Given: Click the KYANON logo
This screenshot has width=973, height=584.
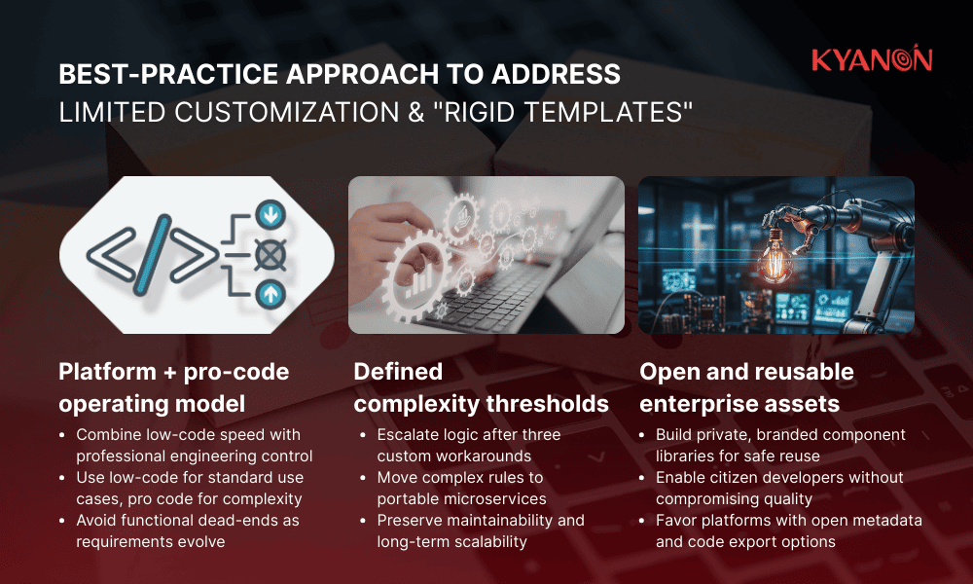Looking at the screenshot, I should [x=872, y=60].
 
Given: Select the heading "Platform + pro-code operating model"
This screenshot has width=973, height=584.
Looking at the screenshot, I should [x=174, y=387].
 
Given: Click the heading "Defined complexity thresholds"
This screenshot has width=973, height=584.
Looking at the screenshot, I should [x=481, y=387].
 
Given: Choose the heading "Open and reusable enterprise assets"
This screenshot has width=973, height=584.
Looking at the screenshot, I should [x=746, y=387].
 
